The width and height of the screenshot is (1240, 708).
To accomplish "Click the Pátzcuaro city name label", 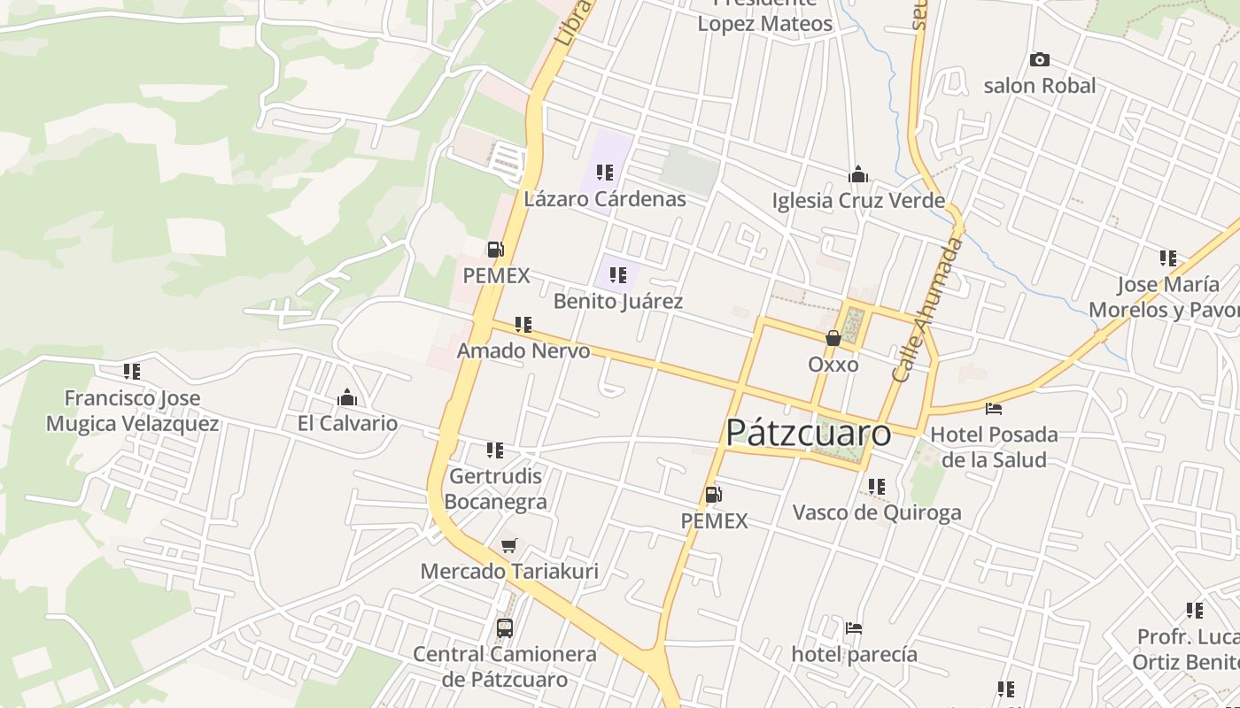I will click(808, 434).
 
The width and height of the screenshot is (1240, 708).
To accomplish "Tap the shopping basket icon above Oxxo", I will click(833, 338).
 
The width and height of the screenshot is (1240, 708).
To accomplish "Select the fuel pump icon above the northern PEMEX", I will click(496, 250).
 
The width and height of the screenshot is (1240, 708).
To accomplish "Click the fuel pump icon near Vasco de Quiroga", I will click(713, 495).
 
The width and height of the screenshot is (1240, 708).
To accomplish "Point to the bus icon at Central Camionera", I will click(505, 628).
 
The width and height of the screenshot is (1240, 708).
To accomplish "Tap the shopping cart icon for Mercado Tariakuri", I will click(508, 546).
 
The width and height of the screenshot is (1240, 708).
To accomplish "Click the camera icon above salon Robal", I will click(1040, 60).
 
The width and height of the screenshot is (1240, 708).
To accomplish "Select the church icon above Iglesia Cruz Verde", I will click(857, 174).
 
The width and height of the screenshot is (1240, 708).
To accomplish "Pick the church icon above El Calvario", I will click(347, 397).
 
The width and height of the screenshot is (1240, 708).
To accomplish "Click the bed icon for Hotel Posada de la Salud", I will click(994, 409).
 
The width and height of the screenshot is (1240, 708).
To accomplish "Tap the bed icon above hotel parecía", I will click(854, 628).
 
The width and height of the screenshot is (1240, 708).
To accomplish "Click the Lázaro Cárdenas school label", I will click(605, 199).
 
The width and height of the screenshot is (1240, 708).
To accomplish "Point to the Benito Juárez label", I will click(618, 302).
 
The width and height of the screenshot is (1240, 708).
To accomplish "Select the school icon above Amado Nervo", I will click(523, 325).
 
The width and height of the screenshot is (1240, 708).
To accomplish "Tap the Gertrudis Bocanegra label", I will click(495, 489).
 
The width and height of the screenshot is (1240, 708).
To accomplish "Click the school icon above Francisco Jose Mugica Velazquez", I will click(132, 372).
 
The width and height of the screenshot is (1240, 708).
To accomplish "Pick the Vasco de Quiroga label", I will click(877, 512).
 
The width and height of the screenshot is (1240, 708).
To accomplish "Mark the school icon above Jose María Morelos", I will click(1168, 258).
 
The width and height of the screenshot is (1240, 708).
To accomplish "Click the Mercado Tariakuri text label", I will click(509, 572).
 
